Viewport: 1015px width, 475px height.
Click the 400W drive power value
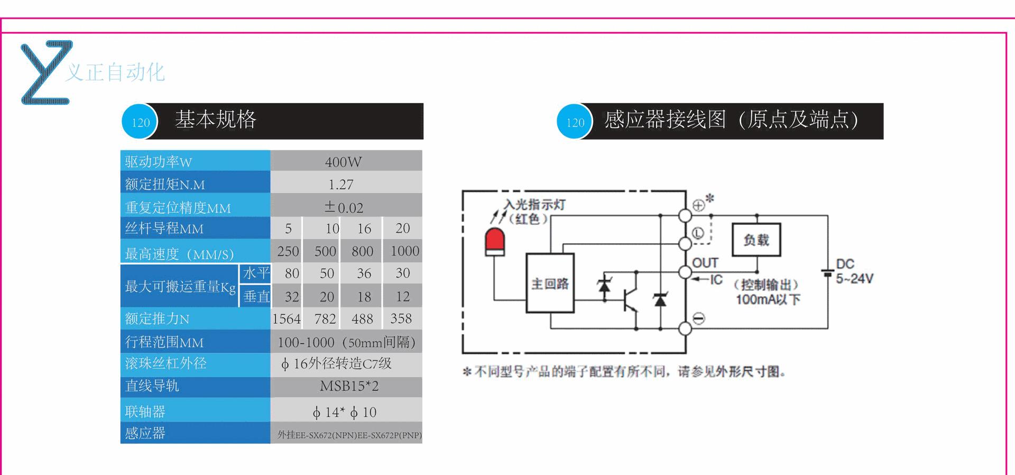coord(344,162)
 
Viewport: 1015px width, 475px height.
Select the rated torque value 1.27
coord(341,185)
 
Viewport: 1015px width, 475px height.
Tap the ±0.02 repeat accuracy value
coord(344,207)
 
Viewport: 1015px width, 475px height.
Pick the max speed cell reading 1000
coord(405,251)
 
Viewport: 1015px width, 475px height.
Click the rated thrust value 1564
coord(287,319)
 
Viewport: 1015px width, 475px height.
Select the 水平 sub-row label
coord(256,273)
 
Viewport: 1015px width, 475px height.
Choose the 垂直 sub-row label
coord(256,297)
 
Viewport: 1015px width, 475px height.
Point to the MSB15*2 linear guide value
coord(349,386)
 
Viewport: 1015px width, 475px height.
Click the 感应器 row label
coord(145,433)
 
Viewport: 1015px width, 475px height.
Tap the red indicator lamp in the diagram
coord(495,243)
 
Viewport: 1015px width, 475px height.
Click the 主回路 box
coord(550,283)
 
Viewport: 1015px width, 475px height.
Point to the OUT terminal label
coord(705,263)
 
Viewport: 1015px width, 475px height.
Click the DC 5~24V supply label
coord(854,271)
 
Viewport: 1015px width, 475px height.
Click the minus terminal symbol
coord(698,318)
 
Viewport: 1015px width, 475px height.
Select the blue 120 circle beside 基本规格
coord(140,122)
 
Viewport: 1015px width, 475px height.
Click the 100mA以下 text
coord(768,299)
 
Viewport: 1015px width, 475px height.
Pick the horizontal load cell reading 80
coord(292,273)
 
